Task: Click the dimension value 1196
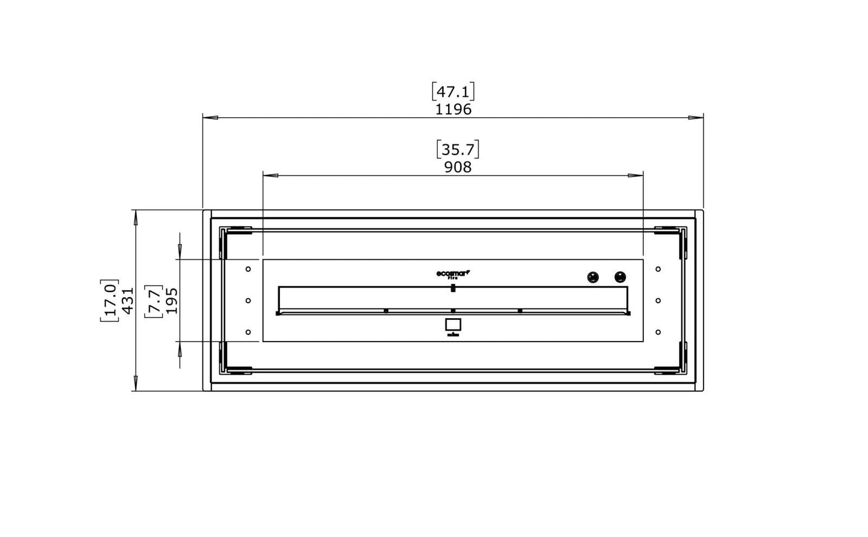pyautogui.click(x=454, y=109)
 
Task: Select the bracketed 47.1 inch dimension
pyautogui.click(x=454, y=92)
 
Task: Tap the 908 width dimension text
pyautogui.click(x=458, y=167)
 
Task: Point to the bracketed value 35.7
pyautogui.click(x=458, y=149)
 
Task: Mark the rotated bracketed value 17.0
pyautogui.click(x=109, y=300)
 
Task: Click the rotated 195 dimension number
pyautogui.click(x=172, y=300)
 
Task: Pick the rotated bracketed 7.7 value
pyautogui.click(x=154, y=300)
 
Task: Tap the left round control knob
pyautogui.click(x=593, y=277)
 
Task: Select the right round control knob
pyautogui.click(x=620, y=277)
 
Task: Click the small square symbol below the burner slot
pyautogui.click(x=453, y=325)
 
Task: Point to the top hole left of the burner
pyautogui.click(x=248, y=269)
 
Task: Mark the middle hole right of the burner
pyautogui.click(x=658, y=300)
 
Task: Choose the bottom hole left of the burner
pyautogui.click(x=248, y=332)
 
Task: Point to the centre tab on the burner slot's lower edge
pyautogui.click(x=453, y=311)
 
